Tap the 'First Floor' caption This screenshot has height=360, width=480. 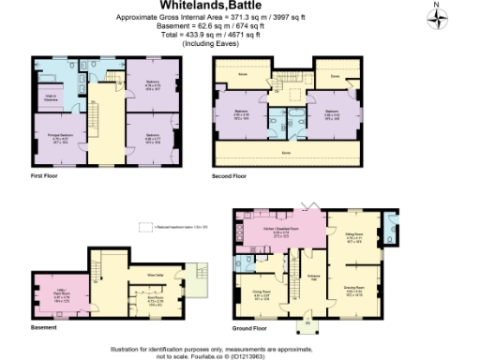click(x=44, y=175)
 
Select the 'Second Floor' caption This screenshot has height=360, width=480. click(x=229, y=175)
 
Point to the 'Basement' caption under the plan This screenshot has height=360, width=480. click(x=43, y=328)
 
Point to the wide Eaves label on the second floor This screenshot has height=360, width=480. click(x=285, y=151)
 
